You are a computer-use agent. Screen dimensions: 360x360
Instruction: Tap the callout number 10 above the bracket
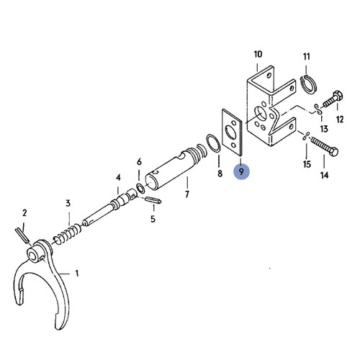point(258,54)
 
